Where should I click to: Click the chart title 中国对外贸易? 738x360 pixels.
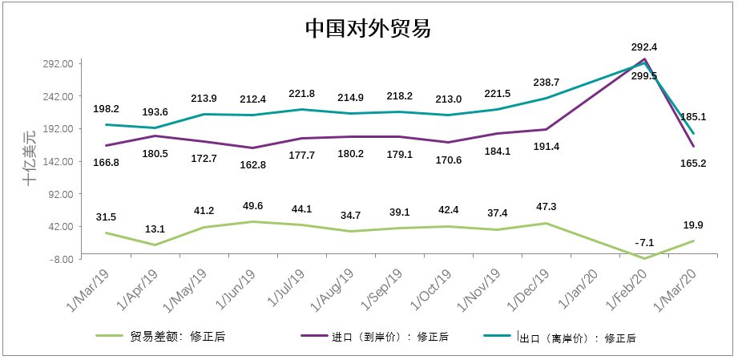(x=368, y=29)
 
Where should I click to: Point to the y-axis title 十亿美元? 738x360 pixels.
(x=30, y=157)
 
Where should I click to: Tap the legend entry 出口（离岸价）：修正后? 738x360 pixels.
(x=577, y=338)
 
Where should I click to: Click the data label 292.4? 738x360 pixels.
(x=644, y=47)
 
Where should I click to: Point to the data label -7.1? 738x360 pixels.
(x=644, y=242)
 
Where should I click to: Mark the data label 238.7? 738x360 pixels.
(x=546, y=83)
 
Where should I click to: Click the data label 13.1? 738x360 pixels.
(x=155, y=228)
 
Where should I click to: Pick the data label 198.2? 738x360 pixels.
(x=106, y=109)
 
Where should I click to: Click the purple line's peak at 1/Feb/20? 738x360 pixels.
(x=644, y=59)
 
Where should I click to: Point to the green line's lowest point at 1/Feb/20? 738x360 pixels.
(x=644, y=258)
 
